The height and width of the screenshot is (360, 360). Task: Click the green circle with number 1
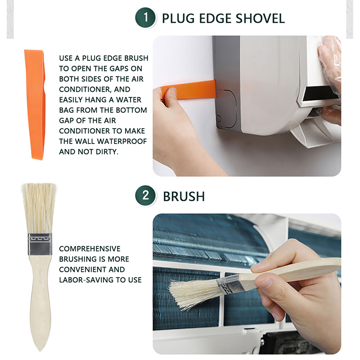coord(145,18)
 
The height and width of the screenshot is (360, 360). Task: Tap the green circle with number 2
coord(145,196)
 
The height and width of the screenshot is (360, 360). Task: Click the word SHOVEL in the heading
coord(260,18)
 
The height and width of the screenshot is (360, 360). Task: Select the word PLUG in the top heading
coord(178,18)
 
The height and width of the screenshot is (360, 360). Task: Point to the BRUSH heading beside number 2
coord(184,197)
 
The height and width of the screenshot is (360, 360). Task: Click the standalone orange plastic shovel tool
coord(35,104)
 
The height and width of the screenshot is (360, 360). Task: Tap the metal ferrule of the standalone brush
coord(40,244)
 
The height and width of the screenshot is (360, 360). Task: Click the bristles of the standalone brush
coord(39,208)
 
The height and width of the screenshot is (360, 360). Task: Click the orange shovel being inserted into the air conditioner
coord(189,90)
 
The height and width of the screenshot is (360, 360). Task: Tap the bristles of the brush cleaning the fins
coord(193,294)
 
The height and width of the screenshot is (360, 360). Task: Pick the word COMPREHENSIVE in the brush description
coord(90,249)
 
